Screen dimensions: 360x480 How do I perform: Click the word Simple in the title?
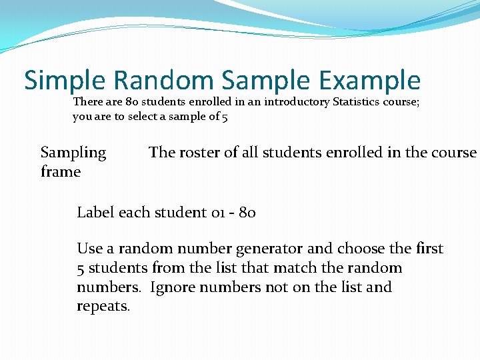(65, 81)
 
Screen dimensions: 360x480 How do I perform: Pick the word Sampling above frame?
(73, 153)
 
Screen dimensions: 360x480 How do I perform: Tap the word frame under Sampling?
(61, 172)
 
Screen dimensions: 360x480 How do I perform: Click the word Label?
(96, 213)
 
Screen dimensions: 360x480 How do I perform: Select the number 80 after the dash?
(247, 213)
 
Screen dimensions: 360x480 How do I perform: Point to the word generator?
(270, 249)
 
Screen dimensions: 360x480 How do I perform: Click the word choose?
(361, 249)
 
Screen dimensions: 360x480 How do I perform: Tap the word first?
(429, 249)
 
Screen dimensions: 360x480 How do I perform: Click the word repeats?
(103, 307)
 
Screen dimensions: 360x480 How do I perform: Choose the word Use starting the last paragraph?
(89, 249)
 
